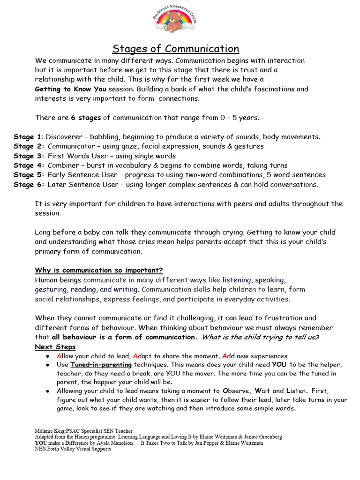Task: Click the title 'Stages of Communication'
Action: coord(176,49)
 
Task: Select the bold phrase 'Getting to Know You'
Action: coord(70,89)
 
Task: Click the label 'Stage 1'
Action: coord(27,137)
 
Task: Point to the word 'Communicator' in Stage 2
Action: coord(70,146)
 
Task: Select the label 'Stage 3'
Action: coord(27,156)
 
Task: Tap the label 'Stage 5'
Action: coord(27,175)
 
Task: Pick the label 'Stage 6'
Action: coord(27,185)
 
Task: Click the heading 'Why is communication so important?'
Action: coord(99,270)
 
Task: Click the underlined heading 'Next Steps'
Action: coord(55,347)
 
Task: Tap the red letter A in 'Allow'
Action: coord(59,356)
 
